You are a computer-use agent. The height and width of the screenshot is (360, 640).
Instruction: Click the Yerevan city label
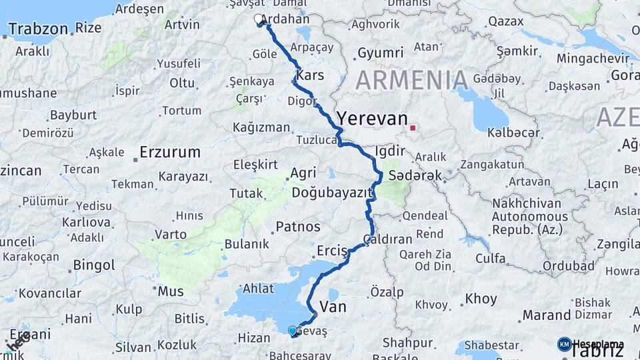point(371,119)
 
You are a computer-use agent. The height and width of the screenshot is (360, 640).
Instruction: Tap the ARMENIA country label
point(411,81)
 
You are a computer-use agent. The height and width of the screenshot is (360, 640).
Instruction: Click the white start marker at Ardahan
point(259,20)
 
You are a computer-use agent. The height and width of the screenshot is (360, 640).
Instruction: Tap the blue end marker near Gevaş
point(292,330)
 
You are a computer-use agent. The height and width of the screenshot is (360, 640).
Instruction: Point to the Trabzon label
point(38,29)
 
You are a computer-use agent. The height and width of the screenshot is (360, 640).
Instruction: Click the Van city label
point(333,307)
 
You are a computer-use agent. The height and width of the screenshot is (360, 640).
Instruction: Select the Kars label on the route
point(310,75)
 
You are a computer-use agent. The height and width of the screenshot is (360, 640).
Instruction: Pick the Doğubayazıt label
point(331,193)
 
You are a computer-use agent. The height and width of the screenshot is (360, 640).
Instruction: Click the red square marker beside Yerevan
point(413,127)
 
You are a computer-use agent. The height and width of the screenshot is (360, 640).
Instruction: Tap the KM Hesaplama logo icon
point(564,344)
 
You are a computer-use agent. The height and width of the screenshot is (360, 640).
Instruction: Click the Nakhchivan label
point(526,203)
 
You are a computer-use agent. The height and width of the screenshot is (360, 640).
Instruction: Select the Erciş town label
point(332,251)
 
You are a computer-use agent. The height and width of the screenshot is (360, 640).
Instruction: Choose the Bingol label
point(94,265)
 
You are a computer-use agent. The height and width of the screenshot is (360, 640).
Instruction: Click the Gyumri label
point(380,53)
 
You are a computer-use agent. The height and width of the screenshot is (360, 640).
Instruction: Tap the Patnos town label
point(298,227)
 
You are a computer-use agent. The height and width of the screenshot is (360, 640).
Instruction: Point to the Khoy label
point(481,299)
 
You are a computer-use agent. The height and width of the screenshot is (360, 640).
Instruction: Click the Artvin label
point(181,25)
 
